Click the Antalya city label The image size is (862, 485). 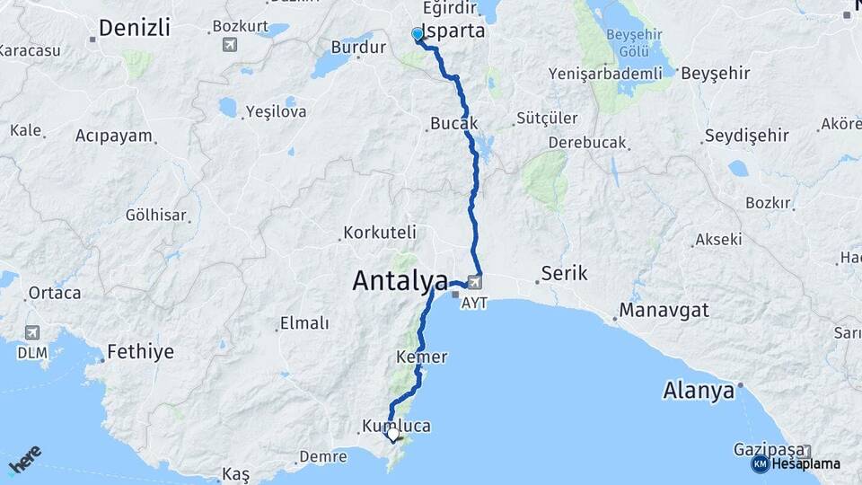pos(400,281)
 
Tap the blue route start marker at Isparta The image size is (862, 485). pos(417,34)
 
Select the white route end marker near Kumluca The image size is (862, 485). pos(392,434)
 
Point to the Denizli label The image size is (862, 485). pos(134,28)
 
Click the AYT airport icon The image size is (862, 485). pos(474,285)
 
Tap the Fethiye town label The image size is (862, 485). pos(140,351)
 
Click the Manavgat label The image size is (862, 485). pos(664,310)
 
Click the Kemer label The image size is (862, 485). pos(421,357)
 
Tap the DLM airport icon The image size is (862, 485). pos(32,333)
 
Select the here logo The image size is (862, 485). pos(26,458)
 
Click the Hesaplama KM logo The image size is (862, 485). pos(797,463)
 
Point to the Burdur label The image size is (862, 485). pos(358,47)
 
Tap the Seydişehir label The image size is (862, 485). pos(746,136)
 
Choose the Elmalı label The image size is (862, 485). pos(304,323)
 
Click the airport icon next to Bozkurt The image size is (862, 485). pos(231,44)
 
